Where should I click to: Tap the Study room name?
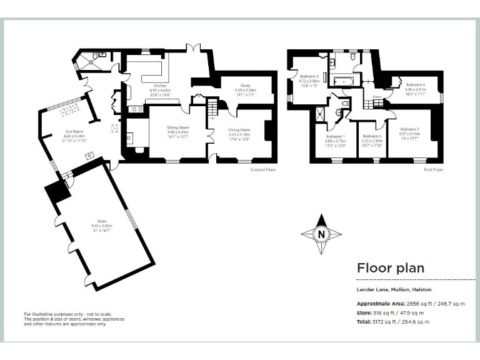245,86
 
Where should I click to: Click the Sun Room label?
74,131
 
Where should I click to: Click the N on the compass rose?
321,235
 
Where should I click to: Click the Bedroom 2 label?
409,129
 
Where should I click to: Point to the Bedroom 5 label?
371,136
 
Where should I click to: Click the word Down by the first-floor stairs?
377,97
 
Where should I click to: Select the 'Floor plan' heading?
390,268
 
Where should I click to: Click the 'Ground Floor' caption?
262,169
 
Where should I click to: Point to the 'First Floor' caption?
432,169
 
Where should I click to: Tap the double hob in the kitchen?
136,109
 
